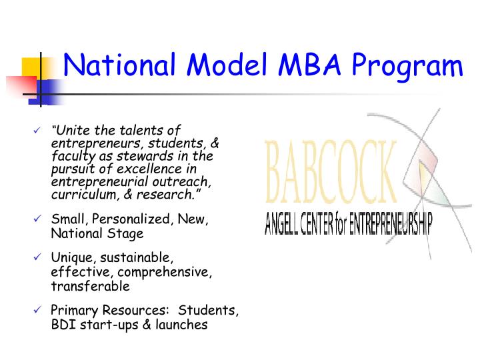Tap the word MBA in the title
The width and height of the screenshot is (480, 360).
coord(306,65)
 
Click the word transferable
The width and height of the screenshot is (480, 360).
coord(90,286)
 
